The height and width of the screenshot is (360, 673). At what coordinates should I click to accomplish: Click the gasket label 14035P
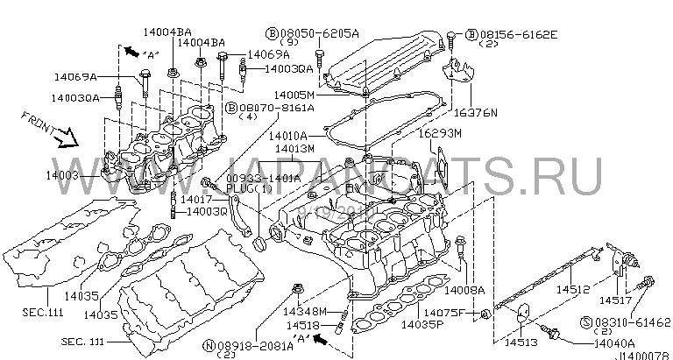tap(422, 325)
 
